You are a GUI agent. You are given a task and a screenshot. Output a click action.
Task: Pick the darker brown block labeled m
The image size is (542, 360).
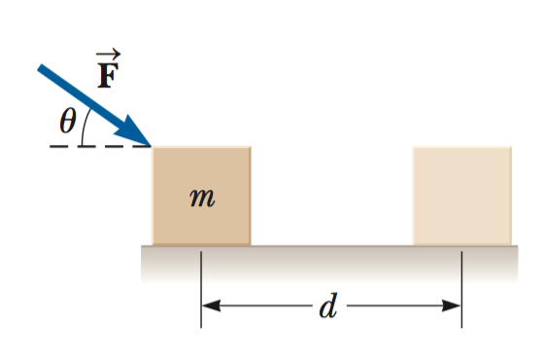(x=201, y=195)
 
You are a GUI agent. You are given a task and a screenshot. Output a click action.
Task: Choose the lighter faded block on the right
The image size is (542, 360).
(x=461, y=195)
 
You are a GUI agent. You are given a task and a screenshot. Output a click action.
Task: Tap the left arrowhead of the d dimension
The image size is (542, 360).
(x=210, y=306)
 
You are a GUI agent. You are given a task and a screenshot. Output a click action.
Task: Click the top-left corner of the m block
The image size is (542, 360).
(x=153, y=148)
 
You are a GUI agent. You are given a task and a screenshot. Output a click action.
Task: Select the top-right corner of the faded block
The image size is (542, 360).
(x=510, y=148)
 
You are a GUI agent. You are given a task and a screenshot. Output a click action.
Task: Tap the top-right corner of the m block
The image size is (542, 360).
(x=250, y=148)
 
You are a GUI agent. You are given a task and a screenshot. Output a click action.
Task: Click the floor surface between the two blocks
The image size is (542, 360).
(x=330, y=249)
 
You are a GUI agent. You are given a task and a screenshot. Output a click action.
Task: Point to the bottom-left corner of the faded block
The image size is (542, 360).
(x=414, y=243)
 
